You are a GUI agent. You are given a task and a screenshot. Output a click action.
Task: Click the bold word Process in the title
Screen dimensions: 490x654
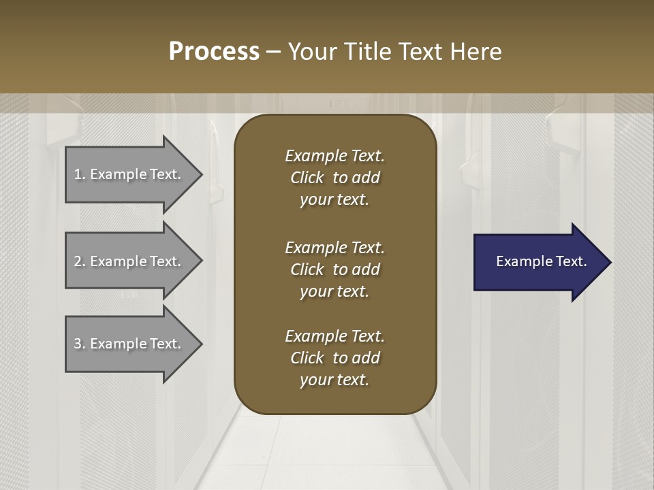pos(214,52)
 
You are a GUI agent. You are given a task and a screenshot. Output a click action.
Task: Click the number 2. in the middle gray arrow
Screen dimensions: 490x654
pos(80,261)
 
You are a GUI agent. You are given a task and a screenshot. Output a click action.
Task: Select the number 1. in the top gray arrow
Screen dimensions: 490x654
pos(80,174)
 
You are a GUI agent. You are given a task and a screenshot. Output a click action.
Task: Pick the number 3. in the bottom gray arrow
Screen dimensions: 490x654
pos(80,344)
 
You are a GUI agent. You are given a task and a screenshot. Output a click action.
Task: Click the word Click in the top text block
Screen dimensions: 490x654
pos(307,178)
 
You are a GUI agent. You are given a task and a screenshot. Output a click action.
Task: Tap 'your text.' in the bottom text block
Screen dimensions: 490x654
pos(334,380)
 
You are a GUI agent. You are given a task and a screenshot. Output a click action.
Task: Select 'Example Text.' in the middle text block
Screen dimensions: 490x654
pos(334,248)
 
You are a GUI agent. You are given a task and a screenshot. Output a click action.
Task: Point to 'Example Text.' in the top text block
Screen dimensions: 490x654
pos(334,156)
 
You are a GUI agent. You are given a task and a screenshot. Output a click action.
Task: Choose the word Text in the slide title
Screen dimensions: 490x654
pos(421,52)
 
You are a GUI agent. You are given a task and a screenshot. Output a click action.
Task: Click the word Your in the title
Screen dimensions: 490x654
pos(313,52)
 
